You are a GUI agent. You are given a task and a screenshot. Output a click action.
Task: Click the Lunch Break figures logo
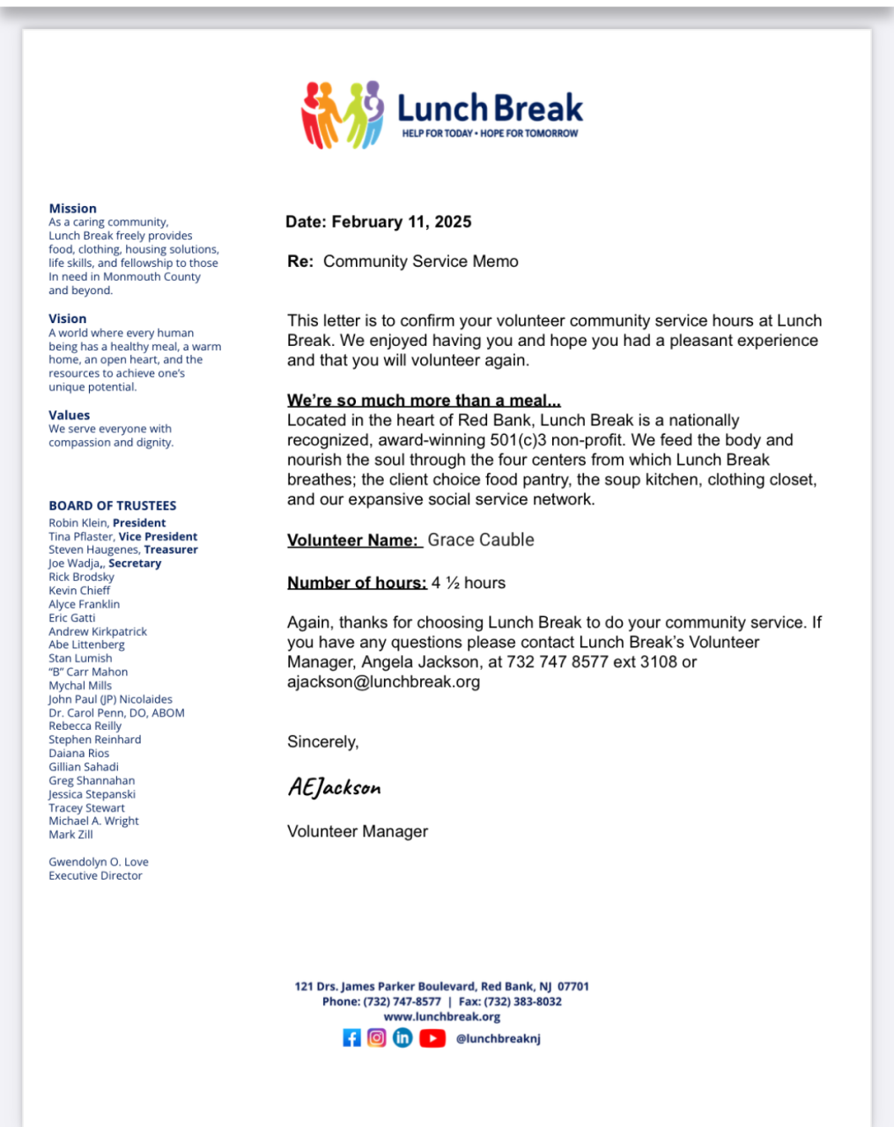click(344, 114)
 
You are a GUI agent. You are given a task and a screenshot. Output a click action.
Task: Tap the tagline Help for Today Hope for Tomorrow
click(490, 134)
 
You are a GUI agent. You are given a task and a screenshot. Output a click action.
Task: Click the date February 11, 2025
click(402, 222)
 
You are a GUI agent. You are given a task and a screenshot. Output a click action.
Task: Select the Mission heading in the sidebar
click(73, 209)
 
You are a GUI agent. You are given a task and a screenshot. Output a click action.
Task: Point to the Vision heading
click(68, 319)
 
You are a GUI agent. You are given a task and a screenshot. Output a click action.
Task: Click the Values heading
click(70, 415)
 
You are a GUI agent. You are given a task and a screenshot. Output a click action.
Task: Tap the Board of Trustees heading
click(113, 505)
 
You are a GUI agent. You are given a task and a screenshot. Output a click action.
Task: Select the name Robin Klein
click(79, 523)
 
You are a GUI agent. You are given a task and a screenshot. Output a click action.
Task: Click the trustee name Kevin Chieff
click(79, 591)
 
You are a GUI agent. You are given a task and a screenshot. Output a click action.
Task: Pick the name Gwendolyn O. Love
click(99, 862)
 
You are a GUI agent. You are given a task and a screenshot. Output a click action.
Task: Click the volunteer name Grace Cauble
click(481, 540)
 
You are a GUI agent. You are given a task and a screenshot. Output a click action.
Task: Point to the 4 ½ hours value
click(469, 583)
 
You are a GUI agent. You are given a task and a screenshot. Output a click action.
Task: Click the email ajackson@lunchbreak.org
click(384, 681)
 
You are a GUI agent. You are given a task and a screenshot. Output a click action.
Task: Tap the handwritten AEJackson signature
click(335, 787)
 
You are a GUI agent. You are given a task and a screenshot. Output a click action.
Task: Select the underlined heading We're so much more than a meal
click(424, 401)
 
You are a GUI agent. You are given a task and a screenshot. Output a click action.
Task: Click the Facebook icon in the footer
click(351, 1038)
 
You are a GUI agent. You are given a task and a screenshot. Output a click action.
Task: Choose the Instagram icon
click(377, 1038)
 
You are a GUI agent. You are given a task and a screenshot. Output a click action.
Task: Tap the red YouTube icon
click(432, 1038)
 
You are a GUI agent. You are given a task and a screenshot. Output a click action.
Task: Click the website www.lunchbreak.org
click(442, 1017)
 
